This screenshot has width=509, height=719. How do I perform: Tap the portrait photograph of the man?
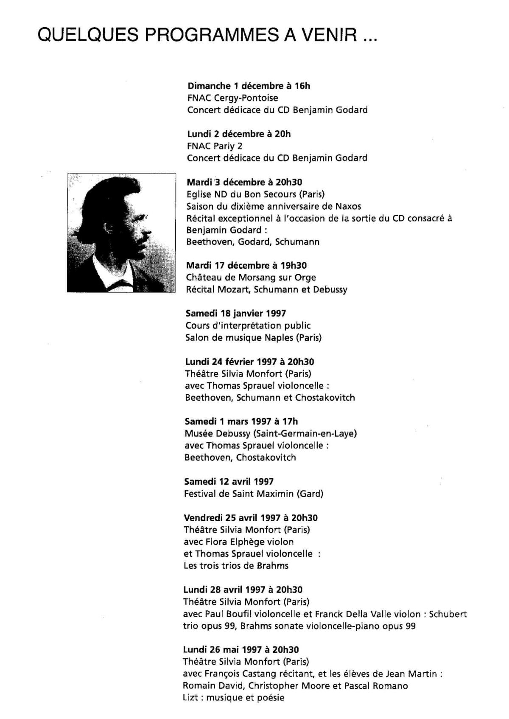(121, 233)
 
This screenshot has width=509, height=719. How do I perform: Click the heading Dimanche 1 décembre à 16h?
(249, 86)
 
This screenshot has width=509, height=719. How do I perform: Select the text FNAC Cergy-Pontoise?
(232, 98)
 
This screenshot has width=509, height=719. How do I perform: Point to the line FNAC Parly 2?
(215, 146)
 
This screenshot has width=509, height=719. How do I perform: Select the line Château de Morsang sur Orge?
(251, 278)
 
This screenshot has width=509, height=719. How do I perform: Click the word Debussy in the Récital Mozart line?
(330, 290)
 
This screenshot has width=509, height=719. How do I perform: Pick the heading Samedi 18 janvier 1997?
(235, 314)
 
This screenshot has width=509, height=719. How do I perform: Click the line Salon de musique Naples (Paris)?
(253, 338)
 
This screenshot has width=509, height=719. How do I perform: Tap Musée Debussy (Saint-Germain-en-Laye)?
(271, 434)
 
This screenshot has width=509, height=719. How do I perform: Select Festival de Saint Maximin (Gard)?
(254, 494)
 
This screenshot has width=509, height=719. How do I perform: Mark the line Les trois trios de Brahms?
(236, 566)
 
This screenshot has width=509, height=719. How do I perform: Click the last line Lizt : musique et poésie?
(233, 698)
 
